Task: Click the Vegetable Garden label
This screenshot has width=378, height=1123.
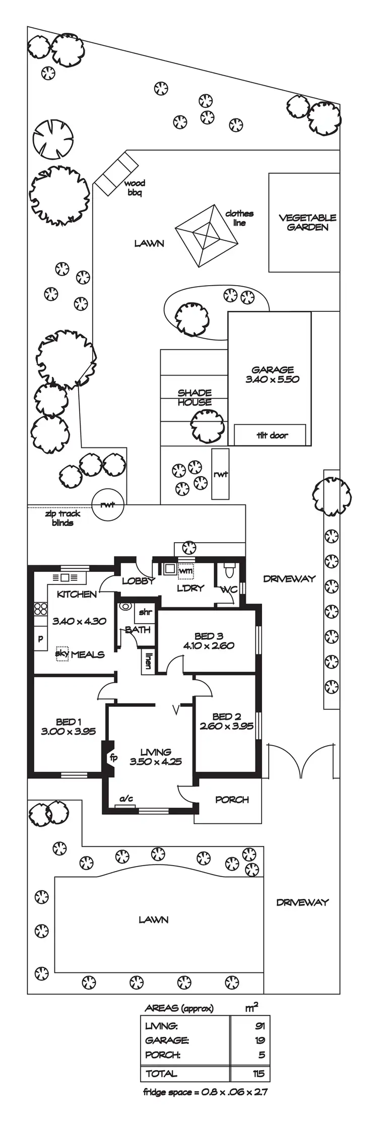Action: point(307,222)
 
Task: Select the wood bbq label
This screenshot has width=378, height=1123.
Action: point(135,188)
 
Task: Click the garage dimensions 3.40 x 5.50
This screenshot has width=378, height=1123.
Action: point(272,379)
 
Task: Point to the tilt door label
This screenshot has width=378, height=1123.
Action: point(272,435)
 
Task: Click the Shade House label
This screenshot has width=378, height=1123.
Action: point(195,397)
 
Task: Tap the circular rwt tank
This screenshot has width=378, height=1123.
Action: point(108,504)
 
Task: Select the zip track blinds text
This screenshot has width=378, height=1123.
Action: point(62,518)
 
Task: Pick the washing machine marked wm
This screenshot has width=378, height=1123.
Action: point(185,571)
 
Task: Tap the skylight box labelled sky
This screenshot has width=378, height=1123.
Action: point(62,653)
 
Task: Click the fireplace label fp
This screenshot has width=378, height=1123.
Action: point(114,757)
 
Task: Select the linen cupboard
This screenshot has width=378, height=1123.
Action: point(148,660)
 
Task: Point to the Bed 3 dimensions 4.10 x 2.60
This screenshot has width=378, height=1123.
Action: point(209,645)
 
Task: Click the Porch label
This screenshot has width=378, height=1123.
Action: point(232,799)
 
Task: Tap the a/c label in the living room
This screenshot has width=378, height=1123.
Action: point(126,798)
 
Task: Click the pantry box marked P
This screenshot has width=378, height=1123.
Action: point(40,639)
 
